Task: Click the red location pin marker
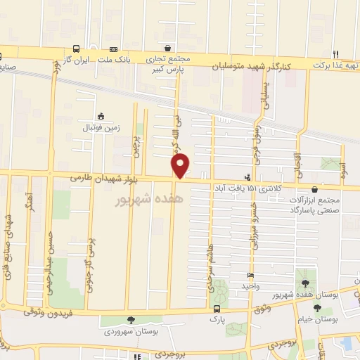(181, 166)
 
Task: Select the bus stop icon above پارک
(217, 308)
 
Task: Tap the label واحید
(251, 285)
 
